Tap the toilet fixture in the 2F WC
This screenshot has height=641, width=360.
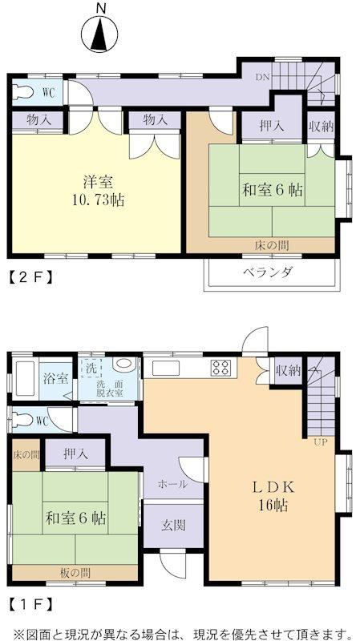22,92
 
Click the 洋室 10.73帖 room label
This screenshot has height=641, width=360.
98,191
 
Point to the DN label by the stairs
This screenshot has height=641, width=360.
262,77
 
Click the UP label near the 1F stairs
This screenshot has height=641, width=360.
322,442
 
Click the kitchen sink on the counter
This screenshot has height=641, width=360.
166,369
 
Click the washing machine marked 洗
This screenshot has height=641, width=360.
92,368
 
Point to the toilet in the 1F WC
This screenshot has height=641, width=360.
23,420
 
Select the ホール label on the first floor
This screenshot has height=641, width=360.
173,485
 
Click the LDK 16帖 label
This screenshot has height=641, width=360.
273,497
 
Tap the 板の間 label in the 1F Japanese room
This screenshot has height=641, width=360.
75,572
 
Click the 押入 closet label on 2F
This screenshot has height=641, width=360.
272,126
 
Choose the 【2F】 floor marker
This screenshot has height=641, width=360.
30,278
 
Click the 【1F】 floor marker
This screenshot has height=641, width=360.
30,603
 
